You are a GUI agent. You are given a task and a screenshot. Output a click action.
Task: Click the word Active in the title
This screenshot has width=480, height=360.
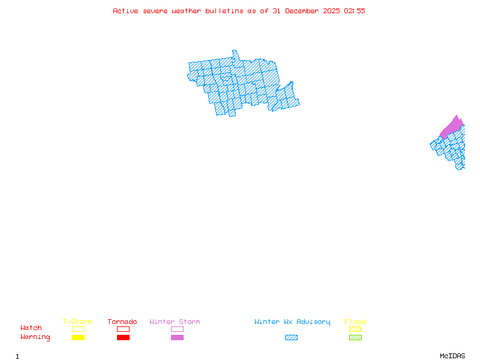point(126,11)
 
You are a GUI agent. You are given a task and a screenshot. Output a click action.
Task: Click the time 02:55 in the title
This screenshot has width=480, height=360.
point(355,11)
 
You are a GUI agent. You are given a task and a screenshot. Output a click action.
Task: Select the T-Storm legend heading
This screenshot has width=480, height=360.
point(77,322)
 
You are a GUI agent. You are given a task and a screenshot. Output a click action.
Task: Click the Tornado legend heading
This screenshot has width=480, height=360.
point(122,322)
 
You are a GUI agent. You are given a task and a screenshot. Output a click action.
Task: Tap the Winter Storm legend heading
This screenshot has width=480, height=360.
point(175,322)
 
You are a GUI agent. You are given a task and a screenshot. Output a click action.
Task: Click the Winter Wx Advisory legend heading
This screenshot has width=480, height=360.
point(292,322)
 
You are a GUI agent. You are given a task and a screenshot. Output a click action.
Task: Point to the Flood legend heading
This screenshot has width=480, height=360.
point(355,322)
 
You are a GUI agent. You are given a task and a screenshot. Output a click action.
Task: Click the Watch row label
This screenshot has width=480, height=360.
point(31,328)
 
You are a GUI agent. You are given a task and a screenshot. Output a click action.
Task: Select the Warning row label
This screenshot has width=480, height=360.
point(35,337)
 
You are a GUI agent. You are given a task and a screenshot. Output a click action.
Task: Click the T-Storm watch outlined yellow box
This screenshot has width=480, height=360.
point(78,329)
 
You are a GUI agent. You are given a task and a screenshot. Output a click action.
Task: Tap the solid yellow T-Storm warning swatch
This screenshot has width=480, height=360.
point(78,338)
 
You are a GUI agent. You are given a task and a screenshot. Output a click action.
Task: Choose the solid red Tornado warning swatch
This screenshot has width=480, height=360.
point(123,338)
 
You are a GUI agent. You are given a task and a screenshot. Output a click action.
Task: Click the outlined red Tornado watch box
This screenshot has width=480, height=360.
point(123,329)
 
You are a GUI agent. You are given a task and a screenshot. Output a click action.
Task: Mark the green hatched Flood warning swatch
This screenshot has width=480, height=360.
point(355,338)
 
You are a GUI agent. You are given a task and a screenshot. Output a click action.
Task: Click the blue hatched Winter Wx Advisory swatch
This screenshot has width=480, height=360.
point(291,338)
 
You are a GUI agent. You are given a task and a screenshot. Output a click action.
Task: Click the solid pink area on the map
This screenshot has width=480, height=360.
point(453,127)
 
